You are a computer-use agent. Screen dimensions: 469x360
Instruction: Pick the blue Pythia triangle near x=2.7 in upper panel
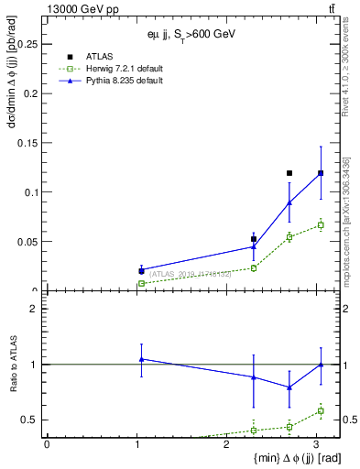(x=289, y=202)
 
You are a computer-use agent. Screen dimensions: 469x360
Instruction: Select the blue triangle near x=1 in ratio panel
(x=141, y=359)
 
